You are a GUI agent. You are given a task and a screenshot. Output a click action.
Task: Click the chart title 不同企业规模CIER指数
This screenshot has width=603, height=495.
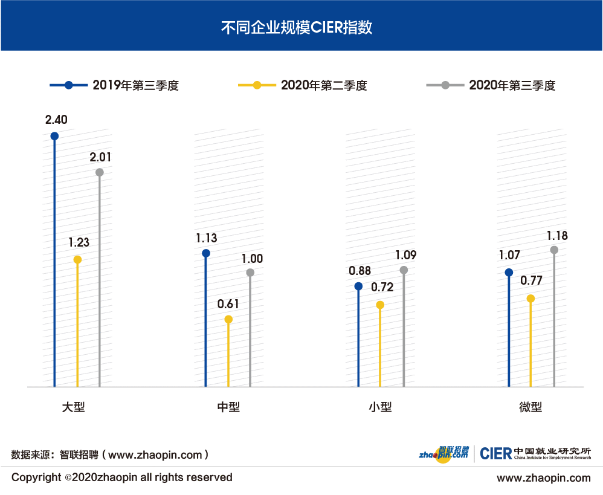301,27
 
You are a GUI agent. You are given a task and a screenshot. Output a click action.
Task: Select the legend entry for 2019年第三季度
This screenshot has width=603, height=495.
115,85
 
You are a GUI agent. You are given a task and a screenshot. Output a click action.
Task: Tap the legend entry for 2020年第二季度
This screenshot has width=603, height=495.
303,85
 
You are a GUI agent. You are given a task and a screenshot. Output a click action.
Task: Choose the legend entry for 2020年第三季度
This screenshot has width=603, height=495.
491,85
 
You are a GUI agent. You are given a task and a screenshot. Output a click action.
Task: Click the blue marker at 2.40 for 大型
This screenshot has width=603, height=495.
54,136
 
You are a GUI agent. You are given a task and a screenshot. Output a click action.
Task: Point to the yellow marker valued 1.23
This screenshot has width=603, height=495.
77,260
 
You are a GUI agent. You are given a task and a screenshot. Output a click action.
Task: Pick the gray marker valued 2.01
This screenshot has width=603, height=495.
100,172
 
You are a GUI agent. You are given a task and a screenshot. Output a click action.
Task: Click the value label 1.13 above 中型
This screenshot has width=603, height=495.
206,238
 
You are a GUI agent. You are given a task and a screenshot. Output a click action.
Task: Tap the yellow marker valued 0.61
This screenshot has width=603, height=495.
228,320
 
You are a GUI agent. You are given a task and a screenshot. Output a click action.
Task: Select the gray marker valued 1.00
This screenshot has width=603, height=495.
251,273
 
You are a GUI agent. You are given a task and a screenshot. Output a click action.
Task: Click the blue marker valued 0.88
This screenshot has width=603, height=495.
358,286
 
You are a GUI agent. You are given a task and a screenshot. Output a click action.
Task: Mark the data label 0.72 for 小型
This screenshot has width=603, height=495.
382,288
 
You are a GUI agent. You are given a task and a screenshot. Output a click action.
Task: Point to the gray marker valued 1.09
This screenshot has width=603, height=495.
404,270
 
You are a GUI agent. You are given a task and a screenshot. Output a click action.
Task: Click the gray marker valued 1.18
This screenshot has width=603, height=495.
555,250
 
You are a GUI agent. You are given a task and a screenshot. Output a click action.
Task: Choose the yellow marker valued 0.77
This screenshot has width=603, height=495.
530,299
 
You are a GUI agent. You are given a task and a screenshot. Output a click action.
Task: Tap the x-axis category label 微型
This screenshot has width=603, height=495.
530,407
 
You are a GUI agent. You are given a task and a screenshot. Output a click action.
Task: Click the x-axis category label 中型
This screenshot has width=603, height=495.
228,407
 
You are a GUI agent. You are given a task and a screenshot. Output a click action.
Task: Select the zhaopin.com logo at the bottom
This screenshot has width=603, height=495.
444,453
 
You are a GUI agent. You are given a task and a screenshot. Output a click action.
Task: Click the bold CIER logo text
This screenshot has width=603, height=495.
495,454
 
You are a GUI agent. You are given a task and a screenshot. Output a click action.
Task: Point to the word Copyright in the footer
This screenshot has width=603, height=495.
36,477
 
